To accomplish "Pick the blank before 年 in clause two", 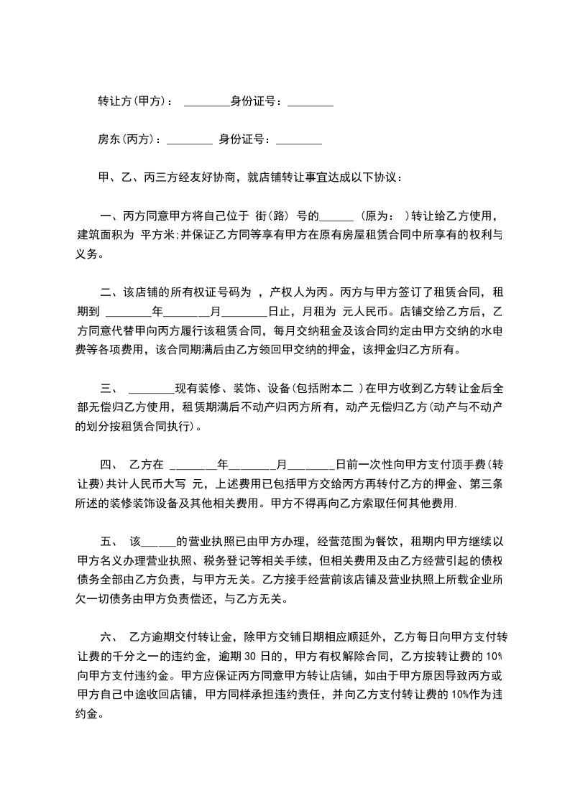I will point(129,312).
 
